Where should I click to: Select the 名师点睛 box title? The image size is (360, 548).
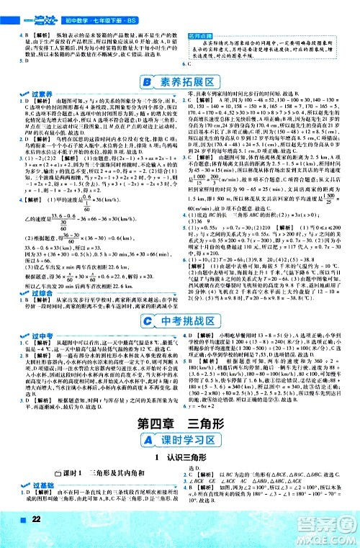click(202, 35)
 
